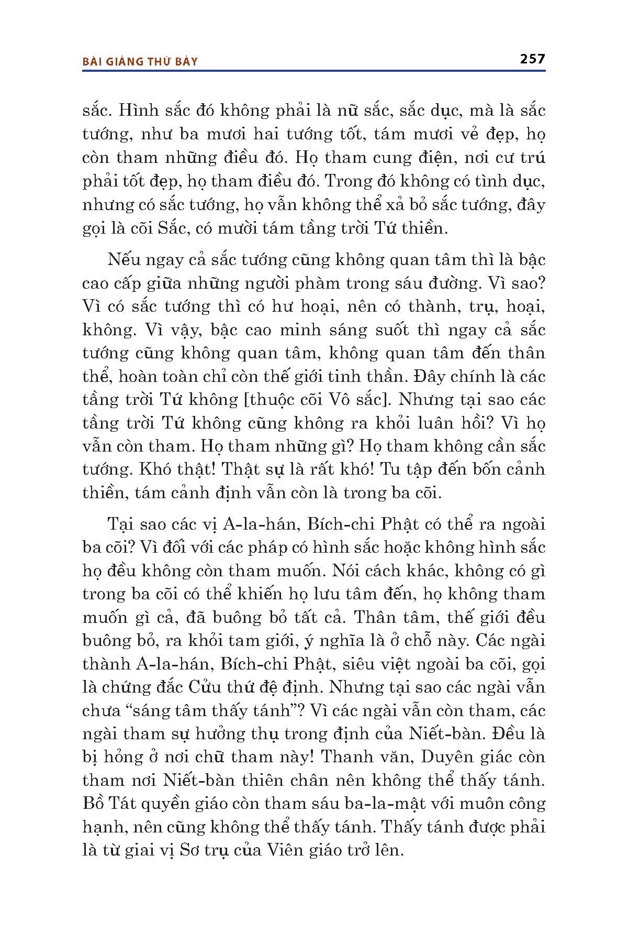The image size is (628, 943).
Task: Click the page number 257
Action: point(532,59)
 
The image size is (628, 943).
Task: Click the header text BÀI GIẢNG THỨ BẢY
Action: point(141,62)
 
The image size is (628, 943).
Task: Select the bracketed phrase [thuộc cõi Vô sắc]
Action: point(316,399)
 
